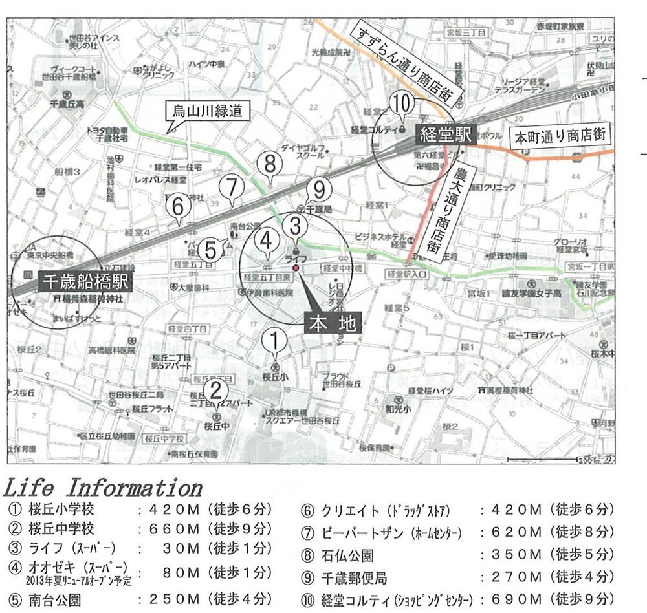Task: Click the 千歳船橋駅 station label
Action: point(86,282)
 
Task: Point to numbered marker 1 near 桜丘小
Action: point(275,339)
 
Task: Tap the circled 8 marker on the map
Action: point(270,164)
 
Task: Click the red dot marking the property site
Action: point(295,267)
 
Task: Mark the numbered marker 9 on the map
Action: point(318,190)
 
